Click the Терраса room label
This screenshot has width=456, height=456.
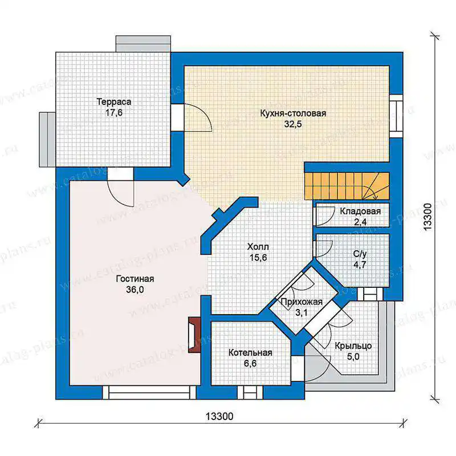[x=114, y=102]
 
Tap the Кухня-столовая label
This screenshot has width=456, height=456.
[x=293, y=113]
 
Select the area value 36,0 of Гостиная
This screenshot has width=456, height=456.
[x=135, y=290]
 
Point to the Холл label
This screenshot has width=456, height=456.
[x=258, y=247]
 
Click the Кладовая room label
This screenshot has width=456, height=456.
[x=360, y=211]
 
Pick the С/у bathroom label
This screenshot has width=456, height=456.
[x=360, y=254]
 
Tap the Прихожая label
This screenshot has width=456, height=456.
[x=302, y=302]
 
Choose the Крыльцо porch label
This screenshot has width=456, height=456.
[x=353, y=346]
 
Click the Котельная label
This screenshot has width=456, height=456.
[x=250, y=353]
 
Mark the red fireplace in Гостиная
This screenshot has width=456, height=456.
[x=194, y=335]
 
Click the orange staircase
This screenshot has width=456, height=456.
[x=347, y=186]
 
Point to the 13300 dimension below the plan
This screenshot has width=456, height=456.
[x=219, y=417]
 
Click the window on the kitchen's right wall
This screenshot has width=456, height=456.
[x=396, y=116]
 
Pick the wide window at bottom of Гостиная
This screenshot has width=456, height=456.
[x=149, y=393]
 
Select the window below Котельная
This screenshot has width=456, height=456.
[x=250, y=393]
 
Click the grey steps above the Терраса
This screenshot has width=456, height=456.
[x=143, y=44]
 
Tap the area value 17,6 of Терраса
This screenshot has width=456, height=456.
[x=114, y=112]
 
